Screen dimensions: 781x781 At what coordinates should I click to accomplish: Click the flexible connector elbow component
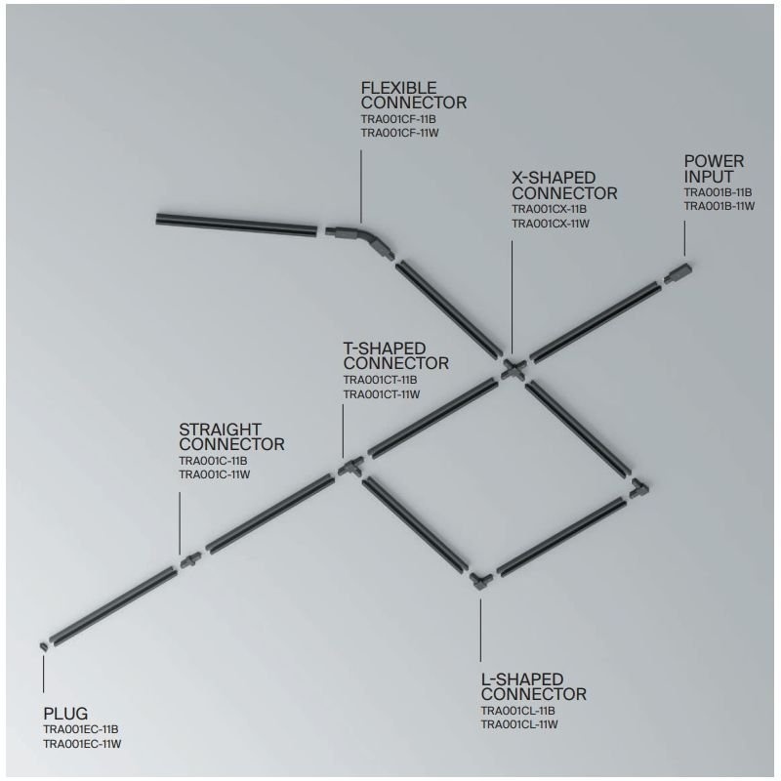366,238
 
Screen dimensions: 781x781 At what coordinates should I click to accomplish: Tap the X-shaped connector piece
514,370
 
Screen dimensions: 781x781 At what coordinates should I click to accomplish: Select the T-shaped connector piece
351,467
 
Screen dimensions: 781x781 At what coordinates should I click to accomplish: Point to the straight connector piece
190,560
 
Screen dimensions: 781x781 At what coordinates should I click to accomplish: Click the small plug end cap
44,646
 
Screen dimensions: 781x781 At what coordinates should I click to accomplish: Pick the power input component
678,272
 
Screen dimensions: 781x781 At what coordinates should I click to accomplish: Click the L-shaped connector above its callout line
480,581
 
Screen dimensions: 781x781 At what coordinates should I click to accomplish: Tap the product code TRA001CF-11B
398,119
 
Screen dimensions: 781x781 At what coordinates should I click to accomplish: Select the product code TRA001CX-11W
551,224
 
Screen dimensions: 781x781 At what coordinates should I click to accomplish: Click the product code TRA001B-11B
718,192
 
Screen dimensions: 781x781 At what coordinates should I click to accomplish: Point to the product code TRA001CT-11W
382,394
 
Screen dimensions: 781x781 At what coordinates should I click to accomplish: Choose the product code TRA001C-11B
213,461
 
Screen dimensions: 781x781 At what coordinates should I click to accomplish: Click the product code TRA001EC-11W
82,744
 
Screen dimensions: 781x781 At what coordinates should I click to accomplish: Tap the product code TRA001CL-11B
518,711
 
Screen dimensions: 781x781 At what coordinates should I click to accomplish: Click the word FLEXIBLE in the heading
399,88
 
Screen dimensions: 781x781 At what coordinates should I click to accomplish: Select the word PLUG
65,714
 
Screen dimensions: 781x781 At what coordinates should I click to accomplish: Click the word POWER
714,161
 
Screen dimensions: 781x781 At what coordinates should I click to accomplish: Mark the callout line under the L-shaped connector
480,630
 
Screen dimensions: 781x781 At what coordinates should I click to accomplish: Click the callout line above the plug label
43,674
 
